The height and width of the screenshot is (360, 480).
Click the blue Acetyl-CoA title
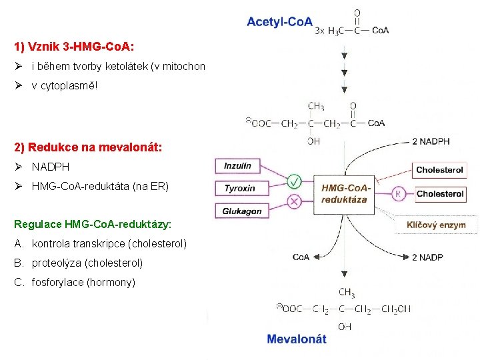tap(279, 22)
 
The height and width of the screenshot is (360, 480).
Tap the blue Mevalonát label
tap(297, 339)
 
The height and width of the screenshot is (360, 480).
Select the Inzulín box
tap(238, 166)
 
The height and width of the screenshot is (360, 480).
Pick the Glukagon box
tap(241, 211)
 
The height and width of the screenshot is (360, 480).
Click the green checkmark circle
tap(293, 180)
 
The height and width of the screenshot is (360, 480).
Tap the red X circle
tap(293, 201)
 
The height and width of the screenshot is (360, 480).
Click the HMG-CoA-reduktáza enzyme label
tap(345, 193)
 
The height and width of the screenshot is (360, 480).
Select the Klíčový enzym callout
tap(436, 225)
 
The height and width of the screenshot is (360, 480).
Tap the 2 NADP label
tap(427, 257)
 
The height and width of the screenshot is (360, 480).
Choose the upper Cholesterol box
tap(439, 170)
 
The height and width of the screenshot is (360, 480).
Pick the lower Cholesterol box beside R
tap(440, 194)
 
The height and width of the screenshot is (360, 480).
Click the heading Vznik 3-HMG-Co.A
tap(74, 47)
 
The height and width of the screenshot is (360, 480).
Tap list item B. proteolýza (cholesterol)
tap(78, 263)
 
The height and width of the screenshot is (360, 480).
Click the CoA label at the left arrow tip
tap(301, 257)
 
